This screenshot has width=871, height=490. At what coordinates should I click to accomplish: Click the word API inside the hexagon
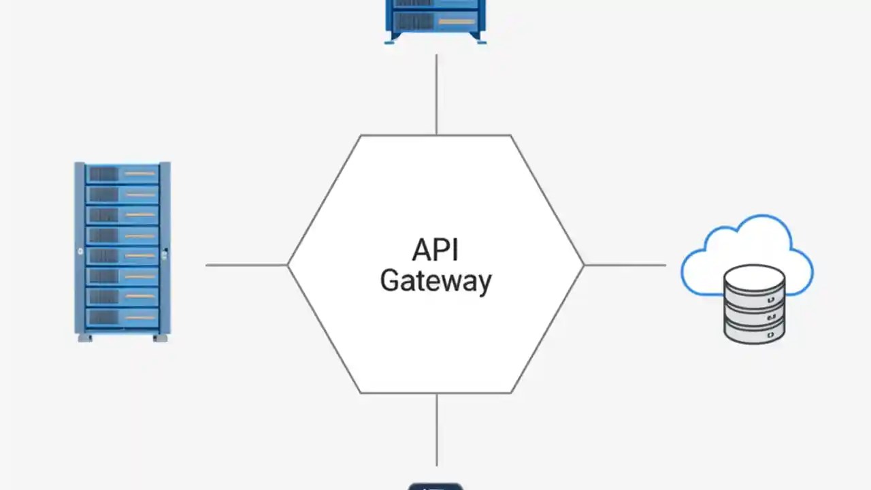[435, 250]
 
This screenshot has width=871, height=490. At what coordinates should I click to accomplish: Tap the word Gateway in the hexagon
[435, 281]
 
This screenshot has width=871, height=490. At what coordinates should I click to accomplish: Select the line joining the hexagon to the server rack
[246, 265]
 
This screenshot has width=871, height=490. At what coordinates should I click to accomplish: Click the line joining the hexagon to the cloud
[625, 265]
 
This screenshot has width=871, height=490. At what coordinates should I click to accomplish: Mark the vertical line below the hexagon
[436, 429]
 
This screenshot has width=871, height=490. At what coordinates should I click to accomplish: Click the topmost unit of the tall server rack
[122, 174]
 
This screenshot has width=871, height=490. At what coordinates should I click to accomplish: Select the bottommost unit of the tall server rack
[122, 317]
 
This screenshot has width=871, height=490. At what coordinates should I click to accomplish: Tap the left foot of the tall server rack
[85, 338]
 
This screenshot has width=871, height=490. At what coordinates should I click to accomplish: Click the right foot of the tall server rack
[160, 338]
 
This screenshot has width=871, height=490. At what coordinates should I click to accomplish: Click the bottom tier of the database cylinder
[754, 333]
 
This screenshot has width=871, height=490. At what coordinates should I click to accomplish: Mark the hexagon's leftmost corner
[289, 265]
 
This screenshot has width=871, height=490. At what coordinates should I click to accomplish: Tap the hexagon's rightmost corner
[583, 265]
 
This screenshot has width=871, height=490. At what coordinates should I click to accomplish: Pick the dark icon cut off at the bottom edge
[435, 486]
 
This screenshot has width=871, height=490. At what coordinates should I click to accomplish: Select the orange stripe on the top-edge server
[457, 22]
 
